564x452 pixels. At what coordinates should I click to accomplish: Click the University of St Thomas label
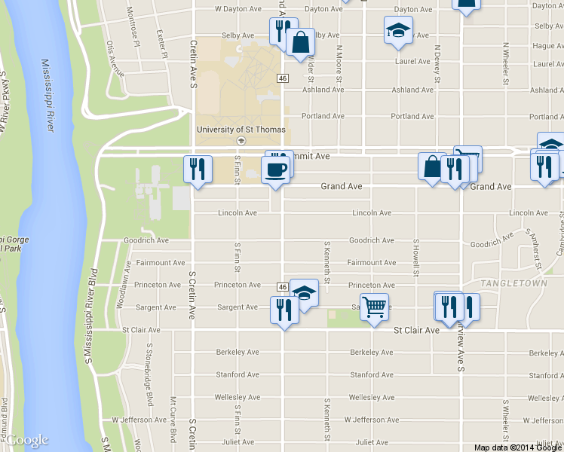coord(241,130)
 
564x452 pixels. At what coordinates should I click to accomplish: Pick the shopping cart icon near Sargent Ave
coord(374,307)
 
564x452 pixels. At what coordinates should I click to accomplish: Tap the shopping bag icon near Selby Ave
coord(300,43)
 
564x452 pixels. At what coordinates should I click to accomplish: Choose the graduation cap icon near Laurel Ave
coord(398,31)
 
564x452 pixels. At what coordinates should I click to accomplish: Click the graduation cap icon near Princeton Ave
coord(304,292)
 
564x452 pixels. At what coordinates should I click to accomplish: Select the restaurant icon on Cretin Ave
coord(198,169)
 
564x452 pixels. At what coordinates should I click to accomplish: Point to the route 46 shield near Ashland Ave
coord(282,78)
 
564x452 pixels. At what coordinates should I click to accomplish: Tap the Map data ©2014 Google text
coord(518,447)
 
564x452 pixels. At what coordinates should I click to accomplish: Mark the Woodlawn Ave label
coord(122,289)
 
